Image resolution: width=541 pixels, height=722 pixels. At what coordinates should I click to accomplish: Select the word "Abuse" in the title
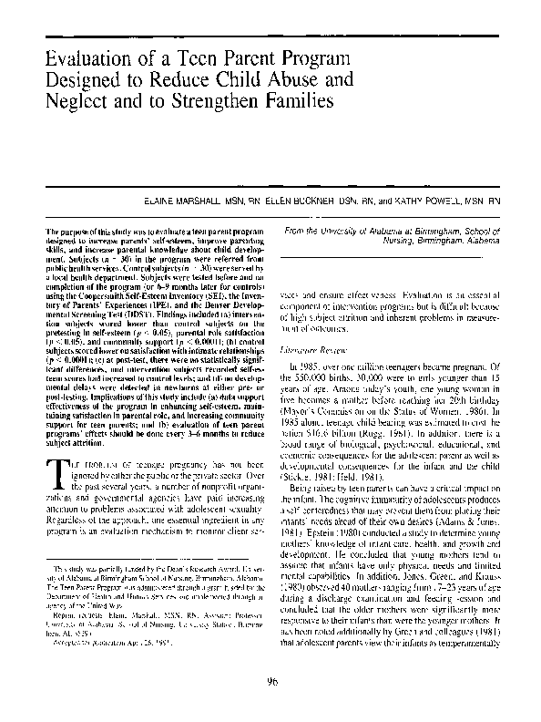[271, 80]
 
